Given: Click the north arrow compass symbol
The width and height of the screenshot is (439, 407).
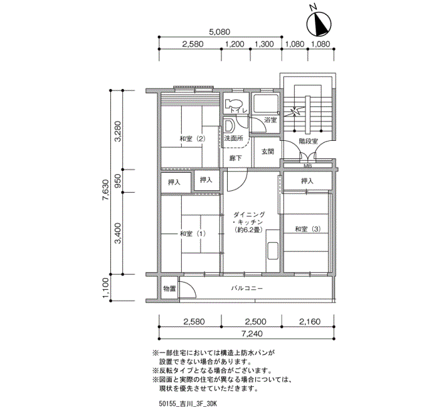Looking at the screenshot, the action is [x=319, y=23].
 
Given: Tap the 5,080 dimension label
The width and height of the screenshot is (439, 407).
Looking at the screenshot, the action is [x=219, y=32].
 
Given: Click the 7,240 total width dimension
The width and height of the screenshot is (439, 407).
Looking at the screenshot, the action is [x=252, y=334].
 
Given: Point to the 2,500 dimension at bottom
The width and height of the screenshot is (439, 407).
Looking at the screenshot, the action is [x=256, y=321].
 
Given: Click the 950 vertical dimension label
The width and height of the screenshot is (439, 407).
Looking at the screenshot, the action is [x=118, y=181].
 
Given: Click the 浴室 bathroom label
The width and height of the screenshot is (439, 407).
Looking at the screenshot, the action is [x=270, y=120].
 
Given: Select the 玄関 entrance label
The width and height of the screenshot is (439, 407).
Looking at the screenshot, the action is [x=268, y=152].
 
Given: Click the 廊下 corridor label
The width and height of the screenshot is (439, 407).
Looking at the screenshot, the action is [x=235, y=158].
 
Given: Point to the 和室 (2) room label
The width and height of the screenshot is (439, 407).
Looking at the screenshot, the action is [x=193, y=138].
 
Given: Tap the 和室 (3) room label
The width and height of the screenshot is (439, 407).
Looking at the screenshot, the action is [x=308, y=229].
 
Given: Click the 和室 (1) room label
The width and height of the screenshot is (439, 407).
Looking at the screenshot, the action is [x=193, y=234].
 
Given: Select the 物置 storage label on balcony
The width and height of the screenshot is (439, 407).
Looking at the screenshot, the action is [x=169, y=289].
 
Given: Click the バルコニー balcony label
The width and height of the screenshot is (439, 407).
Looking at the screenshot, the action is [x=247, y=288].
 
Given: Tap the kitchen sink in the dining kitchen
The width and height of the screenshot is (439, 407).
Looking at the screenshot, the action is [x=273, y=250].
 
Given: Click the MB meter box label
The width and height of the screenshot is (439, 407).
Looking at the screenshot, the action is [x=308, y=166].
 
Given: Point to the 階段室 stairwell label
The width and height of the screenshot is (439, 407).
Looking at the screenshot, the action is [x=309, y=141].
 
